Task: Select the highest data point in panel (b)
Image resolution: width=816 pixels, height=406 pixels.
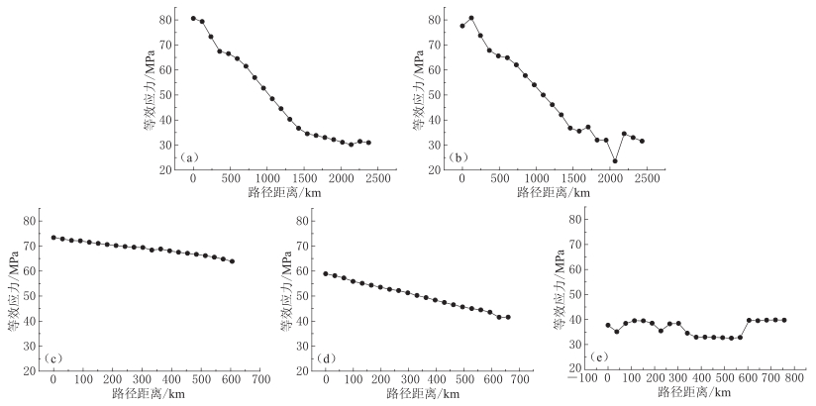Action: click(x=471, y=18)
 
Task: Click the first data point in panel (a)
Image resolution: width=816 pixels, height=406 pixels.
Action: click(x=193, y=18)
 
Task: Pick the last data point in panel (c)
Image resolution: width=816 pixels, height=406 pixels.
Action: click(x=232, y=261)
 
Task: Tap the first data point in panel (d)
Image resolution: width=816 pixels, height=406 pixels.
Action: click(x=326, y=273)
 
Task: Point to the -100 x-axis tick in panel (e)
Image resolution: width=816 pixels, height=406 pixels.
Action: click(x=585, y=378)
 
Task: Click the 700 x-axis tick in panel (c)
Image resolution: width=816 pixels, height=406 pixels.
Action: click(x=260, y=379)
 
